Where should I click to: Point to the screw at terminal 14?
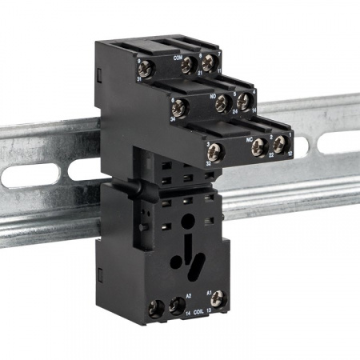[x=243, y=102]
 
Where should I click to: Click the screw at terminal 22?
[x=259, y=146]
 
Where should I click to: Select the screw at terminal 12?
[x=279, y=145]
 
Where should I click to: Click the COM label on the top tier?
[x=178, y=58]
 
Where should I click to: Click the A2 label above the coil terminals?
[x=188, y=295]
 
